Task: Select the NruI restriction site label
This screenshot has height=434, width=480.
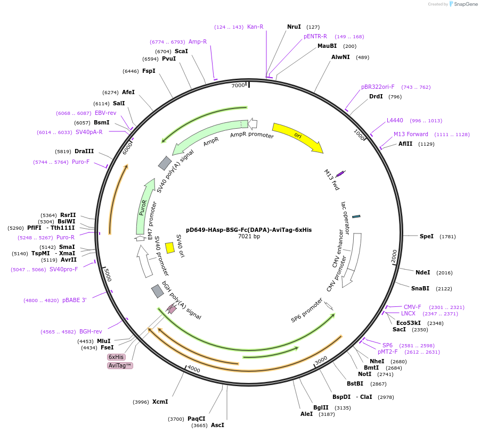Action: point(294,27)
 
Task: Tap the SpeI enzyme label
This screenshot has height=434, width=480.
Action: point(427,236)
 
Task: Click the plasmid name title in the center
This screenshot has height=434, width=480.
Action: point(249,230)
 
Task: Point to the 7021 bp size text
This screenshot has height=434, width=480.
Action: point(249,237)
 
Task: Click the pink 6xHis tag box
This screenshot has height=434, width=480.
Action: point(116,357)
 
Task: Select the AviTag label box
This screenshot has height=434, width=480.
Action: point(120,365)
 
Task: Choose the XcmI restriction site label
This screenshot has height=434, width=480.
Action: point(160,402)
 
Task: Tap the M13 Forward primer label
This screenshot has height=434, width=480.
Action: point(411,134)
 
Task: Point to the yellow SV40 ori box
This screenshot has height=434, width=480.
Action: point(170,248)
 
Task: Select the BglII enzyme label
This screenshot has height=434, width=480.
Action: point(321,407)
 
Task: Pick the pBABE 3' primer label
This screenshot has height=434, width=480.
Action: point(74,300)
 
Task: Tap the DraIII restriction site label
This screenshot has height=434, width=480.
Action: point(84,151)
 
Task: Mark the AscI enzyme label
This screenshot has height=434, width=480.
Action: point(217,425)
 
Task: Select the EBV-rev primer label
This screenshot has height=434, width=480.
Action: point(105,113)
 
